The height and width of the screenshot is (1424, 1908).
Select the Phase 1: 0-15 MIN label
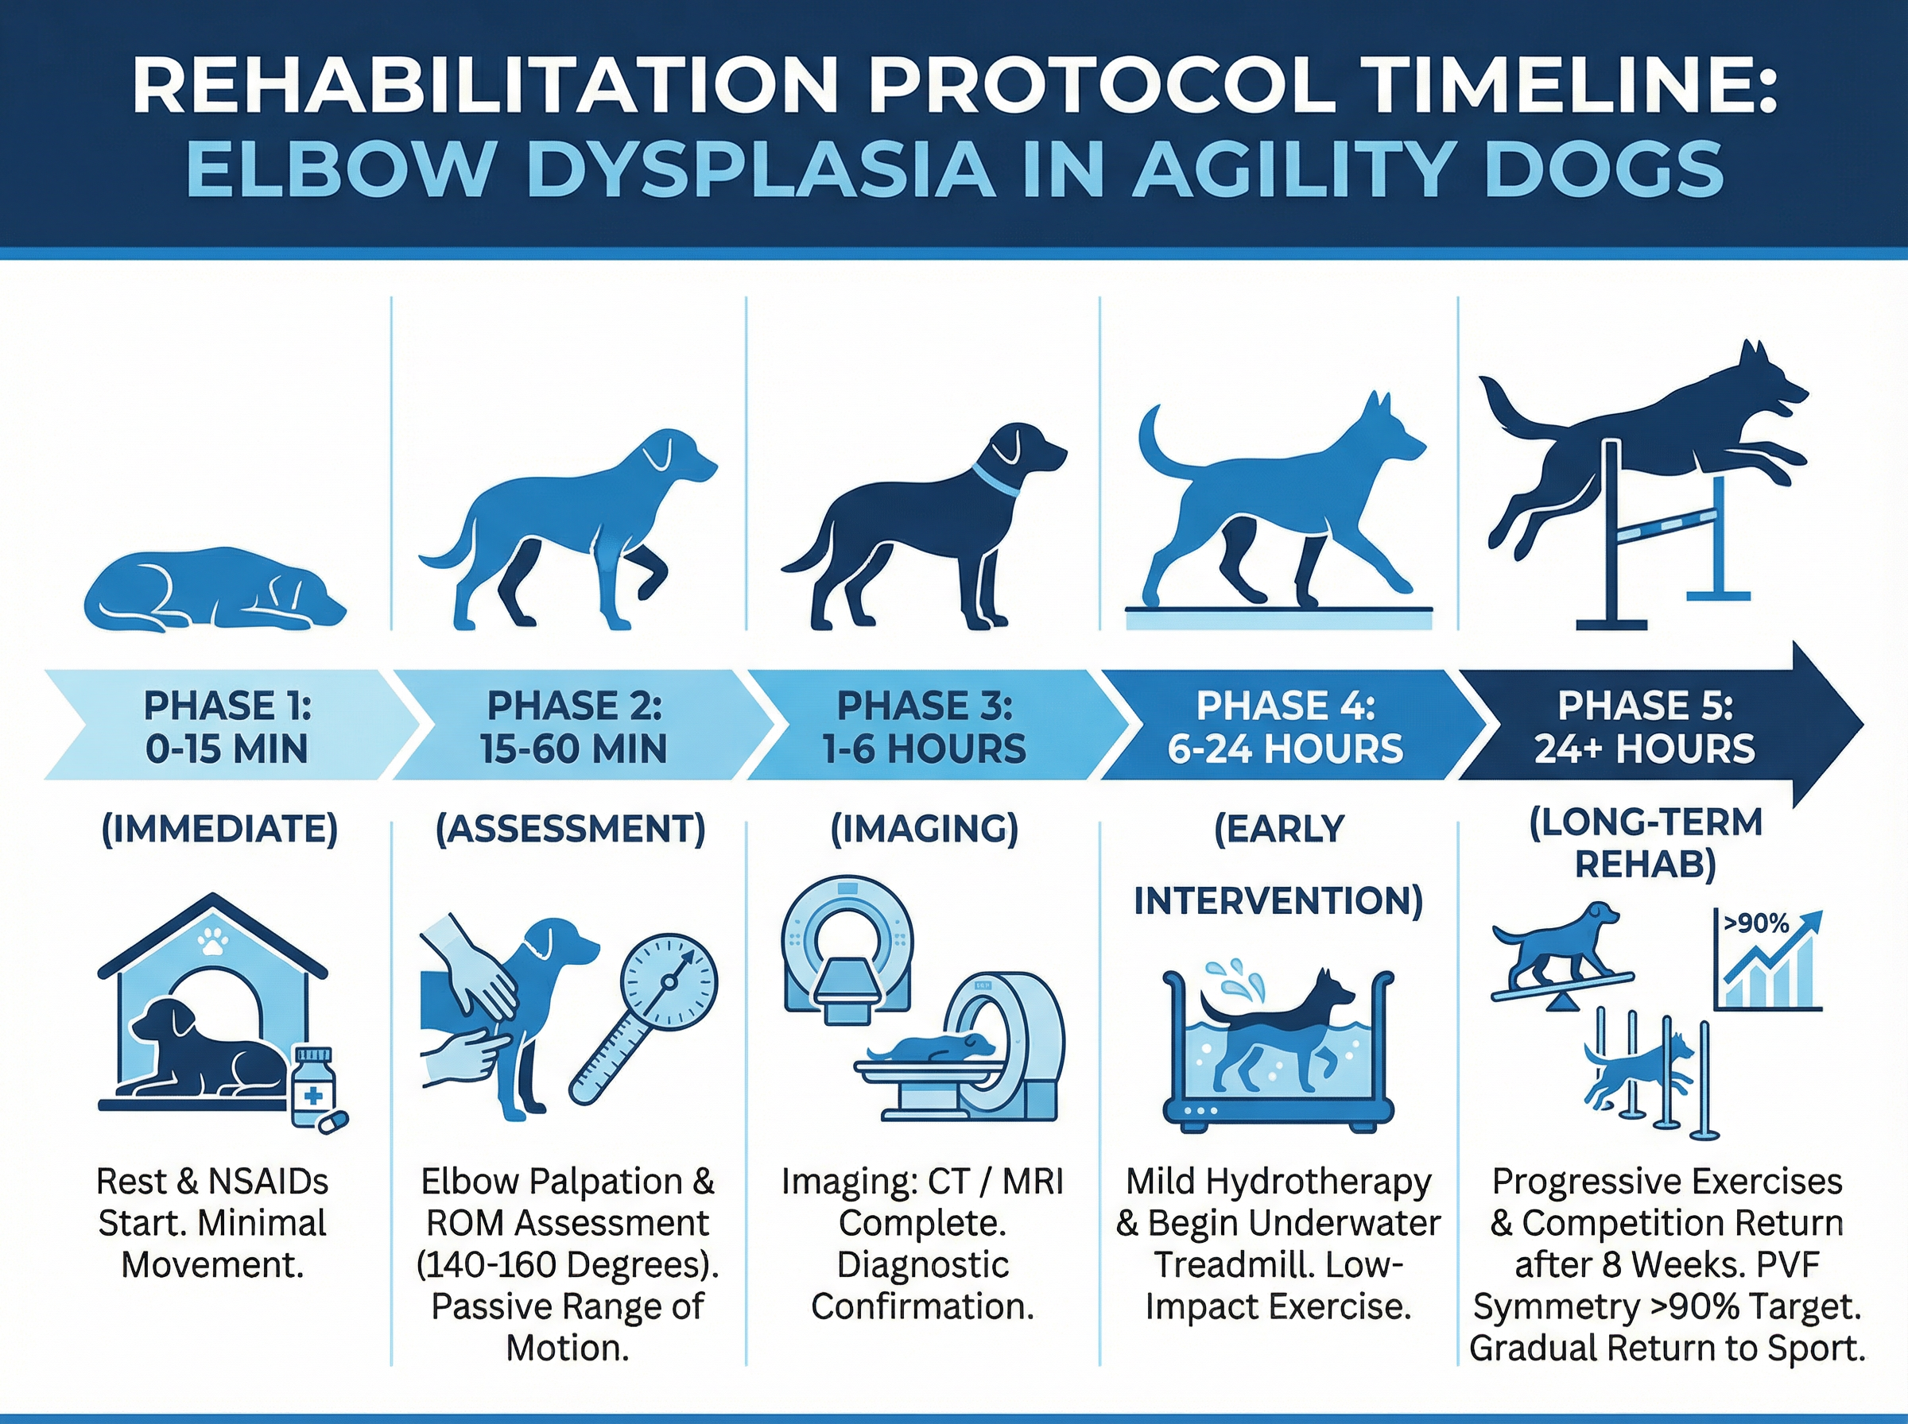point(227,726)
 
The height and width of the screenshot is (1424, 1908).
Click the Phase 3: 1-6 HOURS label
point(925,726)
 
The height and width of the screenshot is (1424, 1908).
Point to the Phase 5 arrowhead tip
point(1863,725)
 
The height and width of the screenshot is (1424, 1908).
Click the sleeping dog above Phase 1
point(214,589)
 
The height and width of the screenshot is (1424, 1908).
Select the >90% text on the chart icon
point(1756,923)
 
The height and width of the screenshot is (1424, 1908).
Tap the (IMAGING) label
point(925,828)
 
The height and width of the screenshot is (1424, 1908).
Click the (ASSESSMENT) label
point(571,828)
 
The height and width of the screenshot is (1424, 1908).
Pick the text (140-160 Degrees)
point(568,1264)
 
